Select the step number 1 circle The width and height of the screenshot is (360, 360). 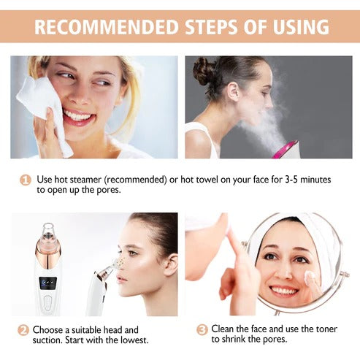26,180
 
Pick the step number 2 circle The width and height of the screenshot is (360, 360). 24,330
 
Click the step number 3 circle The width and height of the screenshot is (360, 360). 202,330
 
